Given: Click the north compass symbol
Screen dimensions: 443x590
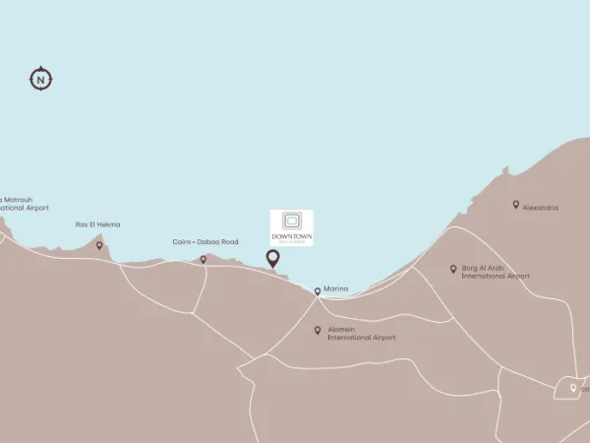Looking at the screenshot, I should [x=40, y=79].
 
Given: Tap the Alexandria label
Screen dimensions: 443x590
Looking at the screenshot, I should [x=541, y=208].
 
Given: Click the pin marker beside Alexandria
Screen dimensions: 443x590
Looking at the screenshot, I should [x=515, y=205].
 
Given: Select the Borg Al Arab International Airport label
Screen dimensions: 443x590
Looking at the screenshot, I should [x=495, y=272].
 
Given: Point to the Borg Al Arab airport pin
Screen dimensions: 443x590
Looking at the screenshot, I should [x=453, y=268].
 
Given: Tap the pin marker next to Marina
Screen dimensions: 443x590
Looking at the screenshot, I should [x=317, y=291].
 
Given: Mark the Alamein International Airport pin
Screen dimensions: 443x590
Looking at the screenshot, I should [x=317, y=331].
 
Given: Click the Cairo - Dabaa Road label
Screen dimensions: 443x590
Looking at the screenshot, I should [x=205, y=242].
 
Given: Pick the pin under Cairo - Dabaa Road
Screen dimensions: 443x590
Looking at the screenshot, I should [x=204, y=260].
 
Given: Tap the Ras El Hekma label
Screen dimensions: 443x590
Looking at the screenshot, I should [x=98, y=224].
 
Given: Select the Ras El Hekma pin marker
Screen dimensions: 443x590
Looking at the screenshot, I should [x=99, y=245].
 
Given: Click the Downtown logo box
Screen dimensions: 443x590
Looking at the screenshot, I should [x=292, y=228].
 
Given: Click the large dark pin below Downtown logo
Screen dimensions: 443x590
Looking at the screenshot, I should [x=272, y=259].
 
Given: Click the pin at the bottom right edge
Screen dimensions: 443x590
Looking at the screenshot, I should [x=573, y=389].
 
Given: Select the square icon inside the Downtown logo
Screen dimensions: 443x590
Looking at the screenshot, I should [x=292, y=221].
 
